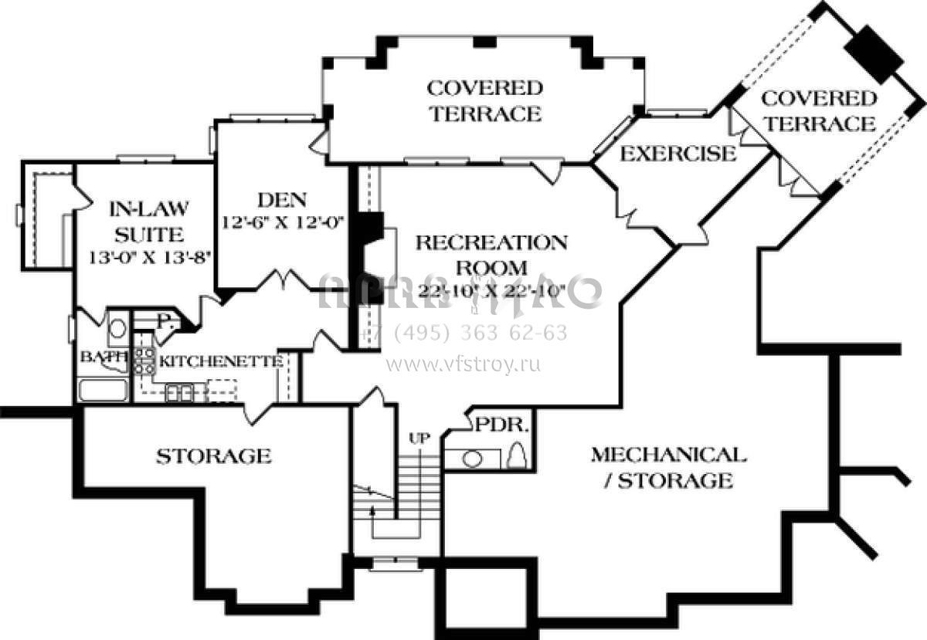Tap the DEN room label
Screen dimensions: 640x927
(x=281, y=200)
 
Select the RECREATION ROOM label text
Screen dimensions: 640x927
(x=491, y=255)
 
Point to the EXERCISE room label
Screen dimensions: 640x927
(x=678, y=154)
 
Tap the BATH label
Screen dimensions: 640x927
(x=97, y=357)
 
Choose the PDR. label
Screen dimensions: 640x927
(x=501, y=425)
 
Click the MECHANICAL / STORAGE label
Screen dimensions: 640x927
(x=668, y=467)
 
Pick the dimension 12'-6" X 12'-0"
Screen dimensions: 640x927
(x=282, y=222)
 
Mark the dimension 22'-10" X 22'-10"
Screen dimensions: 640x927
(x=491, y=292)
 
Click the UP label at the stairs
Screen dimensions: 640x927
(x=419, y=438)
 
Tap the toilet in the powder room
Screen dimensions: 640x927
(x=518, y=455)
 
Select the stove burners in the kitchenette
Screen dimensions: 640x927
(x=144, y=361)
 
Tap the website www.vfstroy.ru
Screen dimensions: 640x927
(x=463, y=363)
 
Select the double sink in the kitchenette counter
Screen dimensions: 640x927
(x=179, y=393)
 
